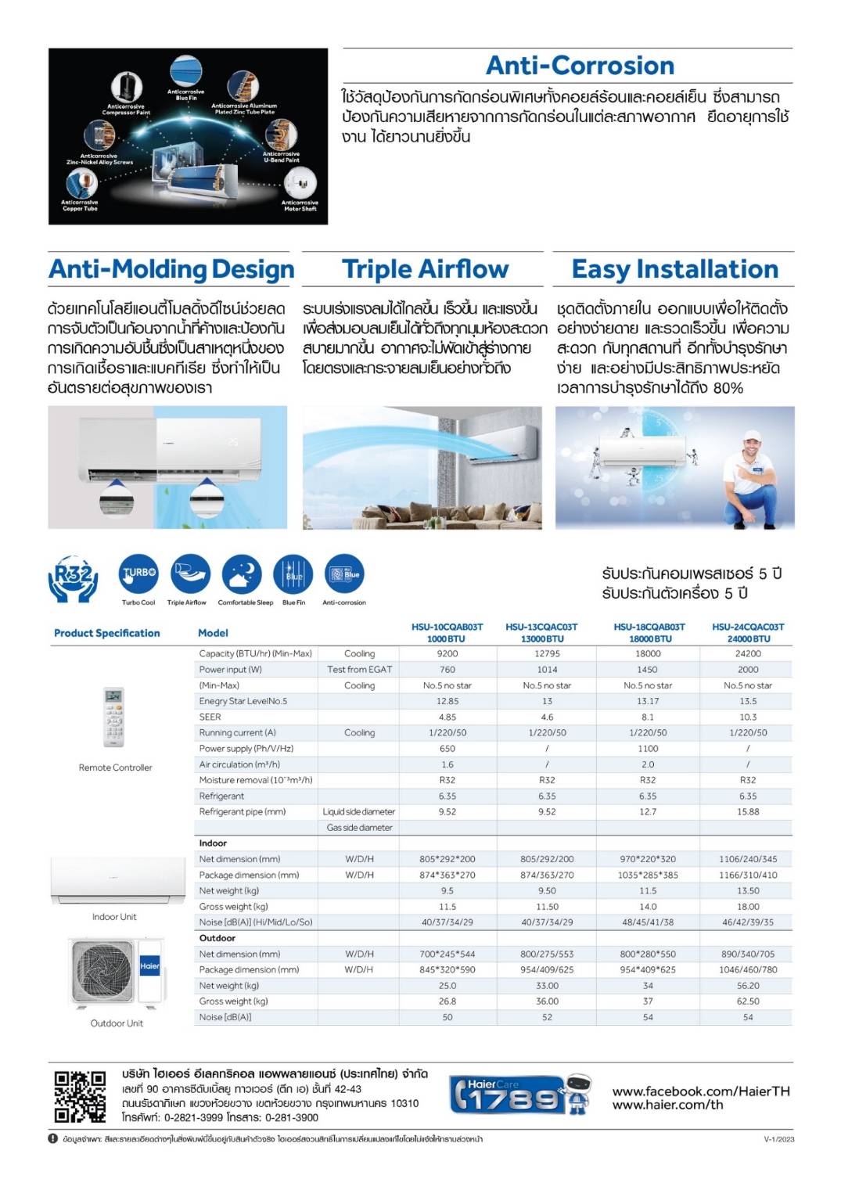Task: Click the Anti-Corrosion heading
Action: point(580,66)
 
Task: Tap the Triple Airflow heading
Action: point(425,270)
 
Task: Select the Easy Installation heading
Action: point(674,270)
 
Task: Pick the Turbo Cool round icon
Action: point(138,573)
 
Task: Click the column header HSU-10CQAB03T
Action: point(447,627)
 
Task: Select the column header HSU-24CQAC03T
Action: point(748,627)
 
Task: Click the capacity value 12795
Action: point(547,654)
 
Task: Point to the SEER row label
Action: point(210,717)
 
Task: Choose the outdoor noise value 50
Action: point(447,1018)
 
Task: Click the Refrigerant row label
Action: point(221,796)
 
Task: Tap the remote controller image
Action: point(114,717)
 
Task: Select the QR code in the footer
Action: point(80,1097)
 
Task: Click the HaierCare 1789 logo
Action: point(508,1095)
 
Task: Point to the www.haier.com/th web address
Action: point(667,1106)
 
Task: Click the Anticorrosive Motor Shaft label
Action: point(300,206)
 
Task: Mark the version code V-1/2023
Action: point(778,1139)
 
